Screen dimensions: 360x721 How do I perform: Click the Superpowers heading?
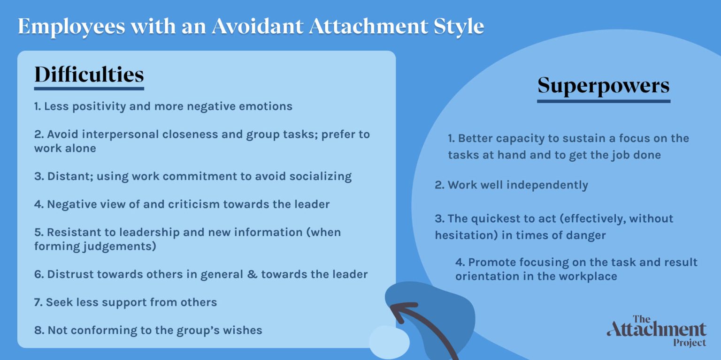(603, 86)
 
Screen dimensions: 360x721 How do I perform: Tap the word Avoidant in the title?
(257, 26)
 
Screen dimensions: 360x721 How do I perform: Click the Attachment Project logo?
(656, 330)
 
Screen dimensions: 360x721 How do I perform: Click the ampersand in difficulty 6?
(252, 274)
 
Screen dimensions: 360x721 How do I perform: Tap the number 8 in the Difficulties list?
(37, 330)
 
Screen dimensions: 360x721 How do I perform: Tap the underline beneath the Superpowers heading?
(603, 101)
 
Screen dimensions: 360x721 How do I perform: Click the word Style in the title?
(458, 26)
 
